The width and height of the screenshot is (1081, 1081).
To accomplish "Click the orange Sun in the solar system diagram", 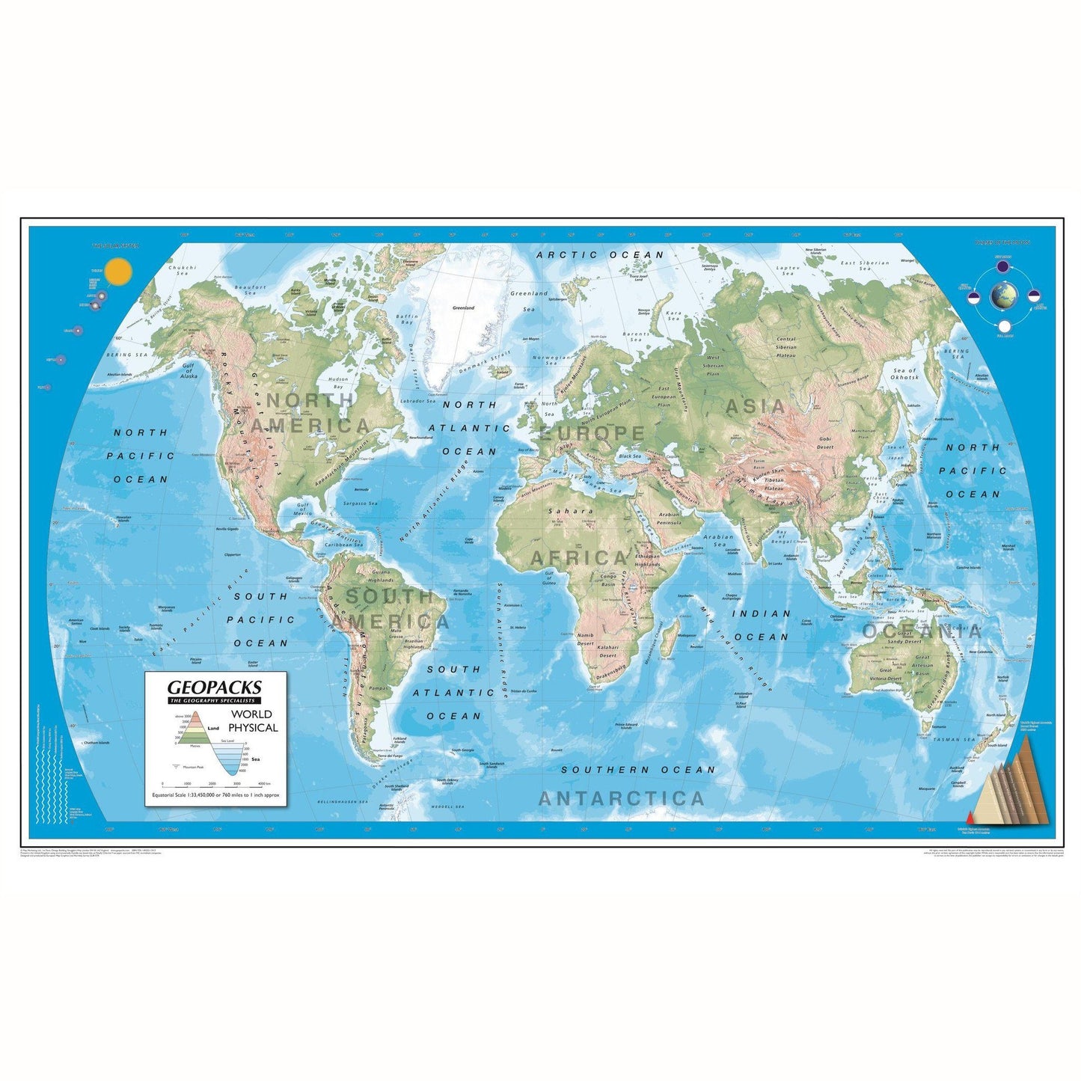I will point(118,272).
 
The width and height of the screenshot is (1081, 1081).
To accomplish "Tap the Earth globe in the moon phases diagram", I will point(1003,296).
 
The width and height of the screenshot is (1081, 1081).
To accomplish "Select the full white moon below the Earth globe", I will point(1004,326).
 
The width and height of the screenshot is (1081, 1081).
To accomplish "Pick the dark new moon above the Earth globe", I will point(1002,266).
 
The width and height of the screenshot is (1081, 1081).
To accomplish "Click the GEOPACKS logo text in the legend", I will point(215,687).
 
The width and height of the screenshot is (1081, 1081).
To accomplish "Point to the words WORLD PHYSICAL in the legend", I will point(252,721).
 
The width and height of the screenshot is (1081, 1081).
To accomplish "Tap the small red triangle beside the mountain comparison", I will point(971,818).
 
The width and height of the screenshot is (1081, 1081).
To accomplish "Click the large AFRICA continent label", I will point(580,558).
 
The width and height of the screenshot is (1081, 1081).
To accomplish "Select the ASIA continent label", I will point(756,407).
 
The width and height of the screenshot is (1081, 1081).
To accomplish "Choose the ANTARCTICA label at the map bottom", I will point(622,799).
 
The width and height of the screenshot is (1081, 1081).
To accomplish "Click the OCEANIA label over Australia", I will point(922,631).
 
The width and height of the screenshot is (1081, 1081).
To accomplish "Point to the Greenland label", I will point(464,307).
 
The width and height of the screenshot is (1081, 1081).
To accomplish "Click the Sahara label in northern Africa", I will point(570,512).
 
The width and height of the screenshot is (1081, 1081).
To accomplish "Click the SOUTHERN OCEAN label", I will point(638,770).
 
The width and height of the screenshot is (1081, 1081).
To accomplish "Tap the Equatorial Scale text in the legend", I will point(215,795).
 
